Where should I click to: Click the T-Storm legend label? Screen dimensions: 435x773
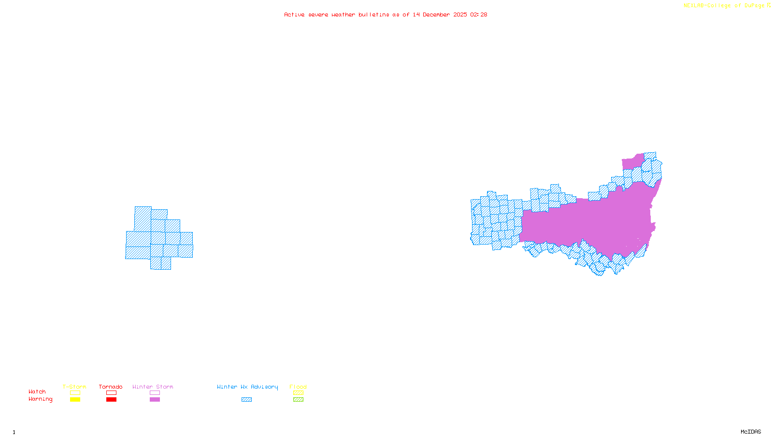pos(74,387)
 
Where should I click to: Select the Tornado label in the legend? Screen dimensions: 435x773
pos(111,387)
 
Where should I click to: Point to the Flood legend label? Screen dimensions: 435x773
pos(298,387)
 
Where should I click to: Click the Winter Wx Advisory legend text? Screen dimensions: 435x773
pos(247,387)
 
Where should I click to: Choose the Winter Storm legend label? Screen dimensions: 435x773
pos(153,387)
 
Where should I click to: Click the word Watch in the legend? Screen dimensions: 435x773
pos(37,392)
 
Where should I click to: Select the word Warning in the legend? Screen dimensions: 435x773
pos(41,399)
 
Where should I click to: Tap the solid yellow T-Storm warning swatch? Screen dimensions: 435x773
pos(75,400)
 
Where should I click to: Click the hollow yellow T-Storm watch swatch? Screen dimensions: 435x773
pos(75,393)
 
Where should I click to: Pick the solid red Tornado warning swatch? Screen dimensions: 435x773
pos(112,400)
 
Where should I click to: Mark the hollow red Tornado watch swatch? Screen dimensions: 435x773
pos(112,393)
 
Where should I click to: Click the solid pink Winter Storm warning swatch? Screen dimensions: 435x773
pos(155,400)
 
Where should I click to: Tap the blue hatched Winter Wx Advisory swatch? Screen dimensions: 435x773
pos(246,400)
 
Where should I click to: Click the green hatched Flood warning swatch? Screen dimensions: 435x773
pos(298,400)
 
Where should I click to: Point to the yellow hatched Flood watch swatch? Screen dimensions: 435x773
pos(298,393)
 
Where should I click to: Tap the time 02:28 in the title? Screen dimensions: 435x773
pos(478,14)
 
